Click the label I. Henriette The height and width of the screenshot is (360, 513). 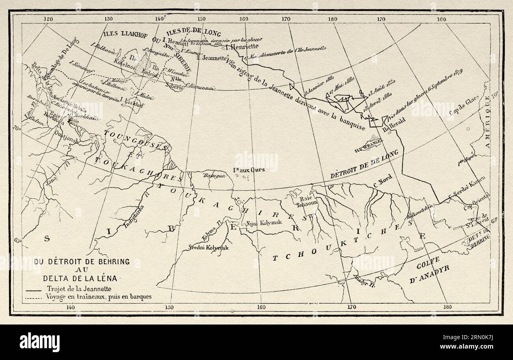[241, 46]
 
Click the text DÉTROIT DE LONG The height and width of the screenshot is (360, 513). [365, 162]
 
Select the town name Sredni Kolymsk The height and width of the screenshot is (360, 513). [209, 247]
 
